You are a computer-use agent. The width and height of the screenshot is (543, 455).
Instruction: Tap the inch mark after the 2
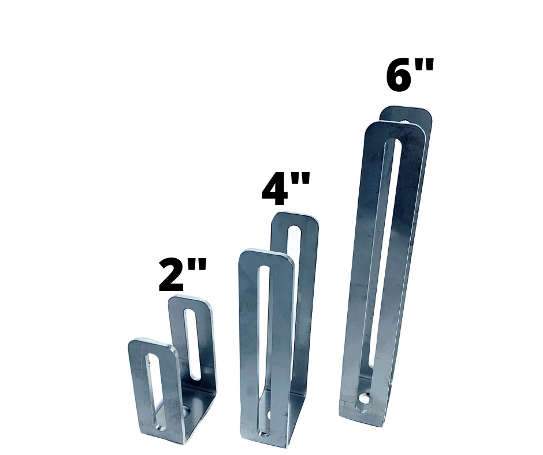tap(198, 268)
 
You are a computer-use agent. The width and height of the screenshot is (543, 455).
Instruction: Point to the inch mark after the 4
tap(302, 181)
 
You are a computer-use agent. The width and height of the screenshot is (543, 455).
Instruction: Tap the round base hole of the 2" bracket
tap(187, 411)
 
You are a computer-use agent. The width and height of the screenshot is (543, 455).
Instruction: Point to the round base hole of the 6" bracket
tap(364, 399)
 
